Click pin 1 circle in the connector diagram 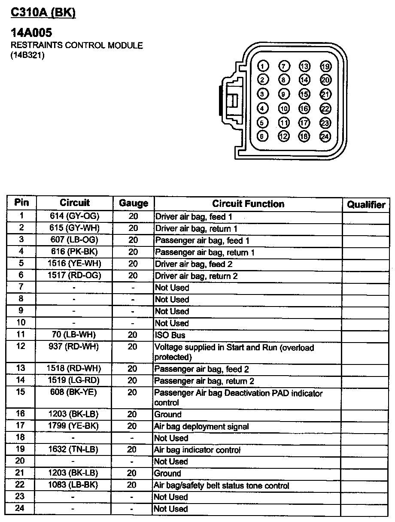(x=263, y=67)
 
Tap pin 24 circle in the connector (x=325, y=137)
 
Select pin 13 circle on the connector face (x=304, y=67)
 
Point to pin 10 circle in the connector (x=283, y=109)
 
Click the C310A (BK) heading (x=43, y=12)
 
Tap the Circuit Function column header (x=248, y=204)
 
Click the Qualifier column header (x=366, y=205)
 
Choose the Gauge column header (x=134, y=203)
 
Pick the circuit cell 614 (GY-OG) (x=75, y=216)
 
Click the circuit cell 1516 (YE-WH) (x=75, y=263)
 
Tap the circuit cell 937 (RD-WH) (x=74, y=346)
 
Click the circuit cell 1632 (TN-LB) (x=74, y=449)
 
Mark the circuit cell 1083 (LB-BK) (x=74, y=485)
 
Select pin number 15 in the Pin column (x=21, y=392)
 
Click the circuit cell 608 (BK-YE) (x=74, y=392)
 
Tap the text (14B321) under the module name (x=27, y=55)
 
